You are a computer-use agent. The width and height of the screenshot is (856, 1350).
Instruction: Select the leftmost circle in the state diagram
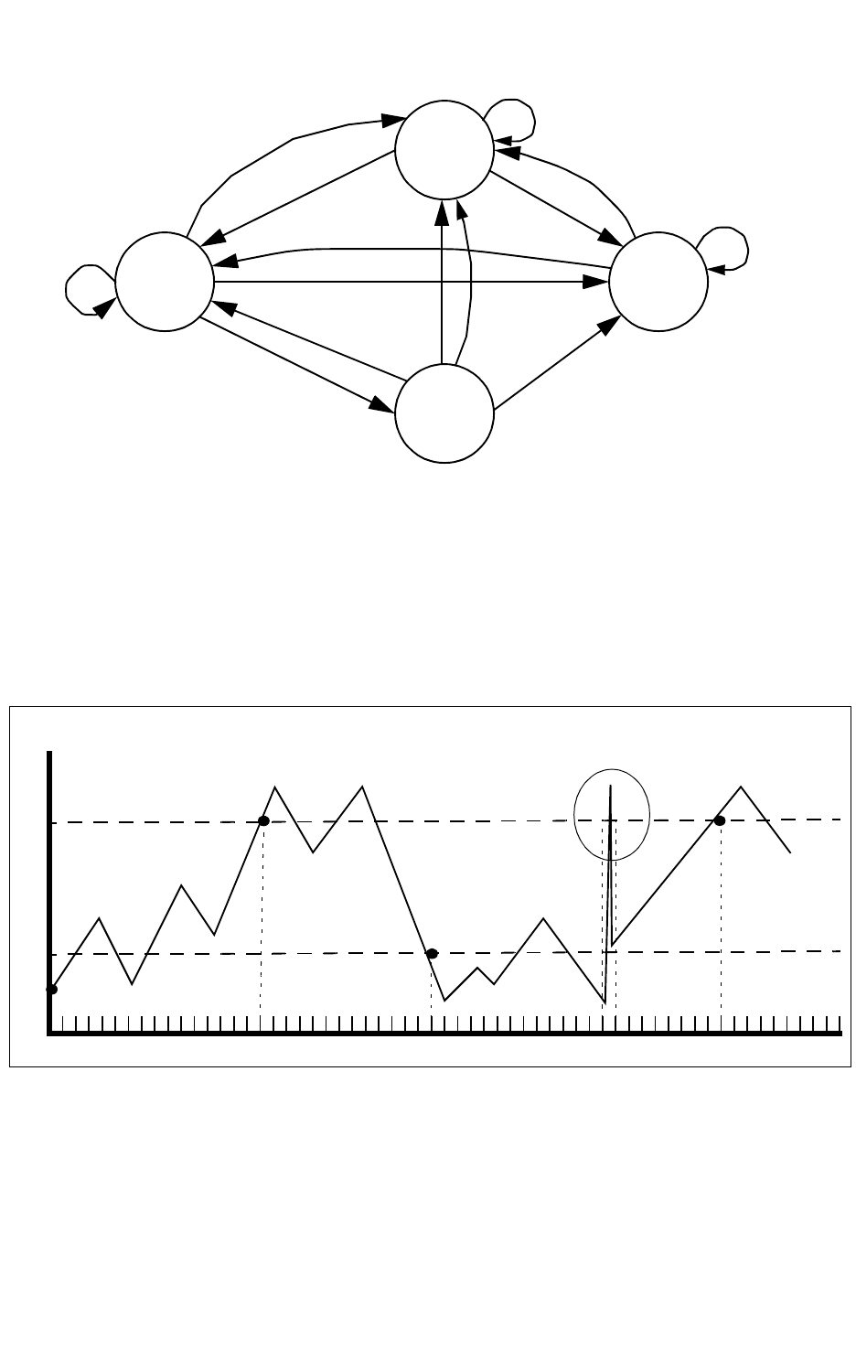tap(165, 282)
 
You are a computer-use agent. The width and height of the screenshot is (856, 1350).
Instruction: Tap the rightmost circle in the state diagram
tap(658, 282)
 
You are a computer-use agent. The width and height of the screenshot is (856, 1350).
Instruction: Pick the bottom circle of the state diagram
tap(444, 413)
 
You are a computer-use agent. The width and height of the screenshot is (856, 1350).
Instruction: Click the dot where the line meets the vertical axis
tap(52, 989)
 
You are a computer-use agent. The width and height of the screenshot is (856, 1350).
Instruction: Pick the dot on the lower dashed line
tap(433, 953)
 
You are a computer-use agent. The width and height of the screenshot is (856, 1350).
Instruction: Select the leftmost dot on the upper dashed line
tap(263, 821)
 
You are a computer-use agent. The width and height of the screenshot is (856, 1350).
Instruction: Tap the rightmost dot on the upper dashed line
tap(720, 821)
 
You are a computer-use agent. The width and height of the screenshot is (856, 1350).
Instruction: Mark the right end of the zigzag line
tap(790, 852)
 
